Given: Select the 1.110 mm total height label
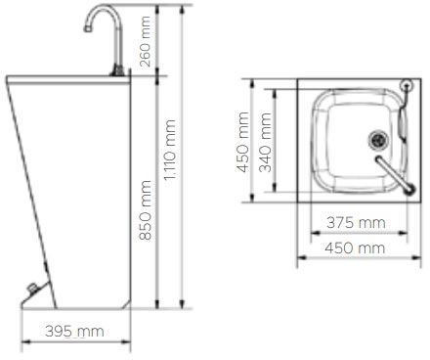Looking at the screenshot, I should (x=172, y=155).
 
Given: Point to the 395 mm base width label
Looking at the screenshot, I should (x=74, y=332).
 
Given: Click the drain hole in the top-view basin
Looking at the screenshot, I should (x=377, y=139).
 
